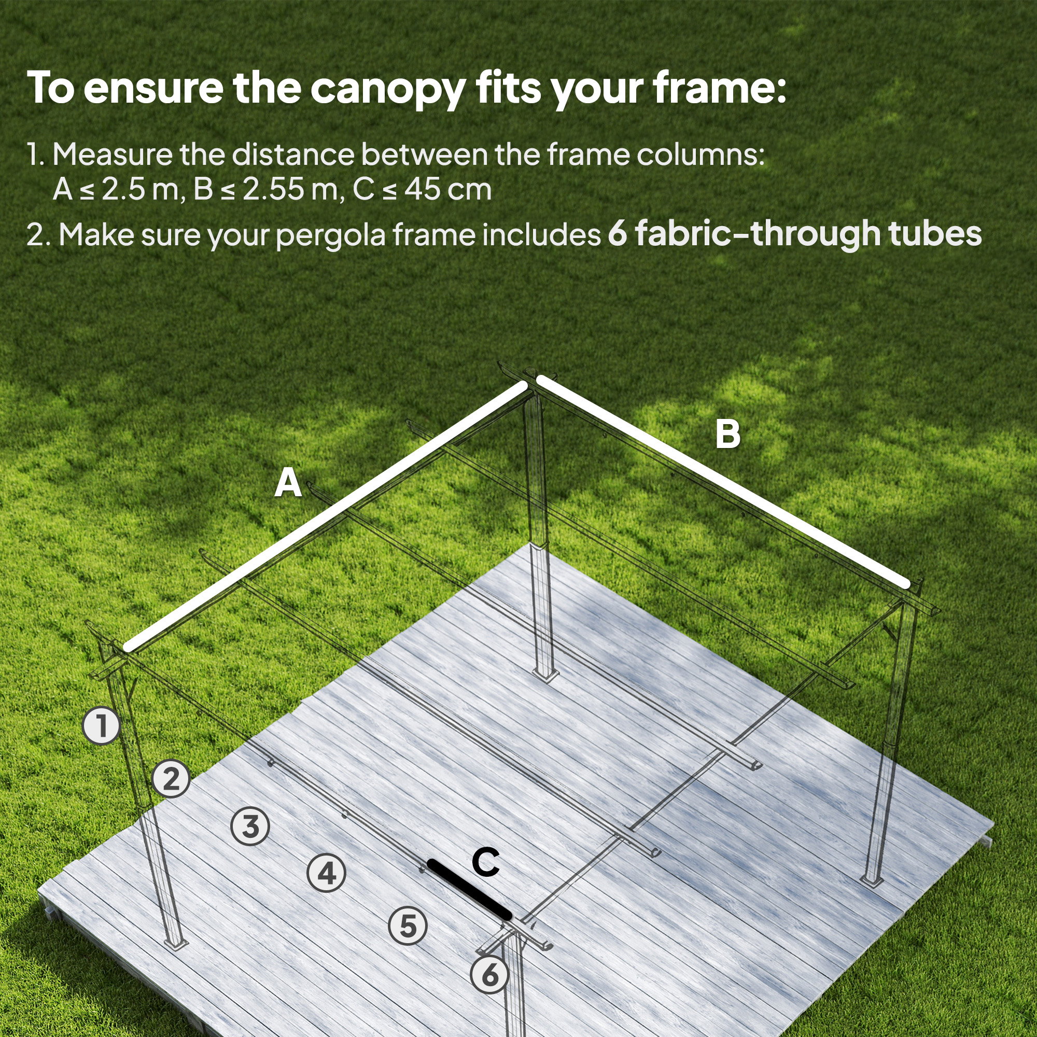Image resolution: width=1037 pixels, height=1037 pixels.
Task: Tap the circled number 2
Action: tap(171, 778)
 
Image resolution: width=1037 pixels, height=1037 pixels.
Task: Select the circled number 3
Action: tap(250, 826)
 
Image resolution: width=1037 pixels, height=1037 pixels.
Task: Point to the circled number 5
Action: tap(408, 926)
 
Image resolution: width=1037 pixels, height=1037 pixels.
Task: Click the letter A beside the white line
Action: tap(288, 483)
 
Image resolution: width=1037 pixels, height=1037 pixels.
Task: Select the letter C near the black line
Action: tap(486, 863)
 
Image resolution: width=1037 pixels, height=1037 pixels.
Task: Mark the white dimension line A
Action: tap(325, 516)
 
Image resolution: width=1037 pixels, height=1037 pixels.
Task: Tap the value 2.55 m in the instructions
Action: tap(290, 189)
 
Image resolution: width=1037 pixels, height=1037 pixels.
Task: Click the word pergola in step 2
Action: tap(331, 236)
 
